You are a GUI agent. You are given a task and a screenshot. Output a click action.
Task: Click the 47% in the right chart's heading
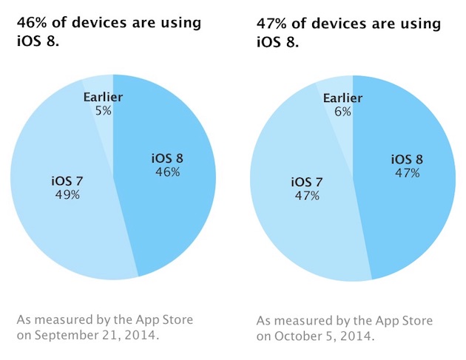tap(273, 24)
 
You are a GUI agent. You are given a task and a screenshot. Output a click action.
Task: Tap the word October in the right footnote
tap(298, 336)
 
